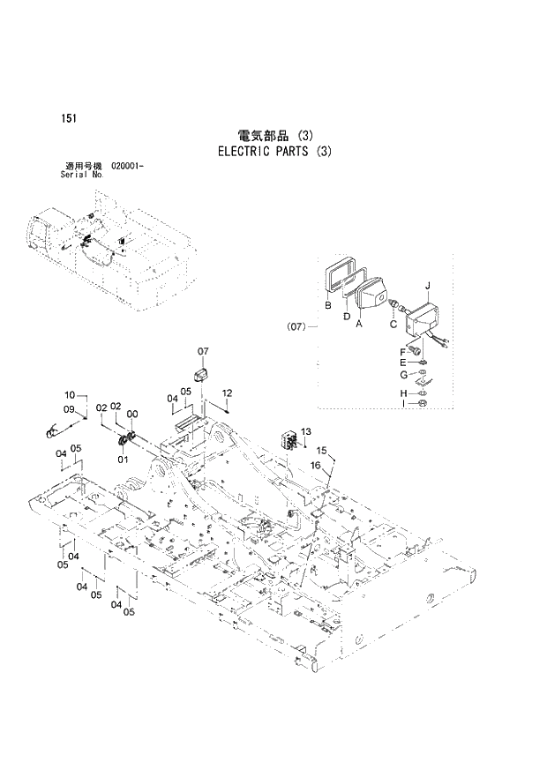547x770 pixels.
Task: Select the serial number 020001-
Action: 128,166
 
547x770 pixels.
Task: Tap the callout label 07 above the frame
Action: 202,352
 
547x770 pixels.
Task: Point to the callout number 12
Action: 227,392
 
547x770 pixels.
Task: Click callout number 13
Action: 306,430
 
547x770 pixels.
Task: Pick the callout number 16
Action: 314,465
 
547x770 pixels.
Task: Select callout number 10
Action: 69,395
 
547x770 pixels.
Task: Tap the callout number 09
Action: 69,409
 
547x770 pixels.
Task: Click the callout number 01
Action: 123,458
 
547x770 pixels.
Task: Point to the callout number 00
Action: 131,415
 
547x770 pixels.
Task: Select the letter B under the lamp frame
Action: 327,306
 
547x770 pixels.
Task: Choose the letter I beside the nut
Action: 402,403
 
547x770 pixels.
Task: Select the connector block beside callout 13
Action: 288,439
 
